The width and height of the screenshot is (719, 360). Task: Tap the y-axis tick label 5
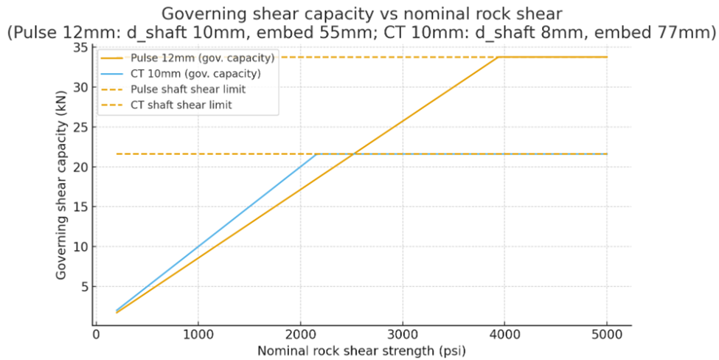click(x=83, y=287)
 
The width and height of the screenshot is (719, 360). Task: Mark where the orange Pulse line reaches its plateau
click(x=499, y=57)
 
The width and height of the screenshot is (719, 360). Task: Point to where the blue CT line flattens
click(x=317, y=154)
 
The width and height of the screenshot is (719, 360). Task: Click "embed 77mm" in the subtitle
click(x=669, y=32)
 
